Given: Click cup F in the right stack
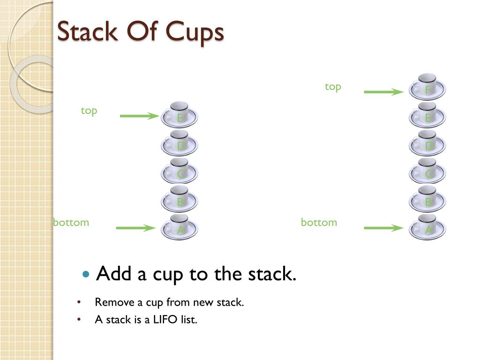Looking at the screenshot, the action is coord(427,87).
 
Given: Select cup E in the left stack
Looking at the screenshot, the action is coord(180,115).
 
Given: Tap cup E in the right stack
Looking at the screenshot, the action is coord(427,115).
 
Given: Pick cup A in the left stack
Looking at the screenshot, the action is coord(180,228).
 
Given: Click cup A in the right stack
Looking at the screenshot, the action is coord(427,228).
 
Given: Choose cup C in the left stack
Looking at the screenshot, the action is coord(180,172).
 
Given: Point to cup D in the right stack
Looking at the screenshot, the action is coord(427,143).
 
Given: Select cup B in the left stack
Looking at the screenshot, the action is coord(180,200).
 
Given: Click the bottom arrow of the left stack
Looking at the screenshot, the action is coord(135,228).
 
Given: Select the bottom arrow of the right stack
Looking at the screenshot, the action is coord(383,228).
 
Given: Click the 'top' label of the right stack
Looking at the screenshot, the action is coord(333,87).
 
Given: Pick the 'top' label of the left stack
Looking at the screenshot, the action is coord(89,111).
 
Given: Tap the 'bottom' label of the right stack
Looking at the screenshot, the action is coord(319,222).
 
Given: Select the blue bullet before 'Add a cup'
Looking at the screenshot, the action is coord(85,274).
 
